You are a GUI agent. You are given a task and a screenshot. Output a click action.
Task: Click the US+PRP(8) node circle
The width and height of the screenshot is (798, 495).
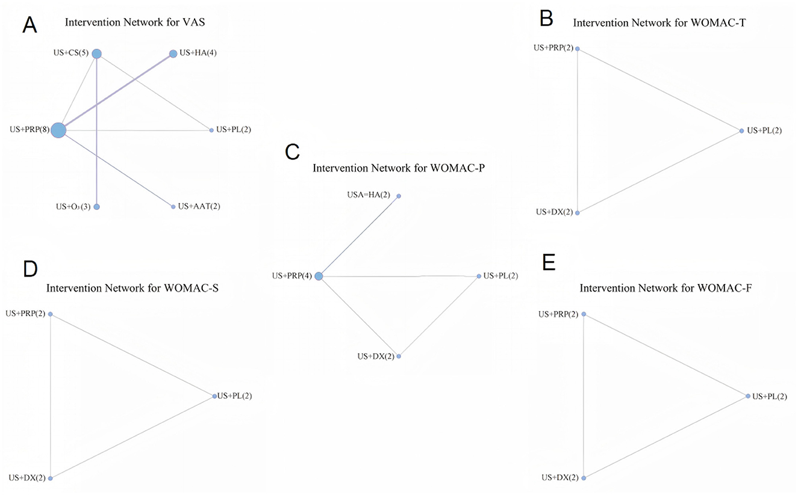pyautogui.click(x=58, y=130)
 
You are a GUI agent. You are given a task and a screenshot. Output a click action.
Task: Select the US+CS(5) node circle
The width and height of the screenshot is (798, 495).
pyautogui.click(x=96, y=54)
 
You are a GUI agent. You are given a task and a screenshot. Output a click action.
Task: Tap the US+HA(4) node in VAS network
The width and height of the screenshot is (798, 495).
pyautogui.click(x=173, y=54)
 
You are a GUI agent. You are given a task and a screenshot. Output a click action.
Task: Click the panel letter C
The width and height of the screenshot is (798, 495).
pyautogui.click(x=292, y=152)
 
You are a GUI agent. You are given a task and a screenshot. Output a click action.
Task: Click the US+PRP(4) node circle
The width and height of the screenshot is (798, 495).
pyautogui.click(x=319, y=276)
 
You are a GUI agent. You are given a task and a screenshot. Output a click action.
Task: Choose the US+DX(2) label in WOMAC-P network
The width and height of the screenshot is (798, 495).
pyautogui.click(x=375, y=357)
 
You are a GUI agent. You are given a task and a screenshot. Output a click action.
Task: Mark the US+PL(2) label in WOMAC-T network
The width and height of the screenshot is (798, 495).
pyautogui.click(x=764, y=131)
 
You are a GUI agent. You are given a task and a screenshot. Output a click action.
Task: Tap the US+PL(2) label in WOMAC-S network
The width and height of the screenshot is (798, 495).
pyautogui.click(x=235, y=396)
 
